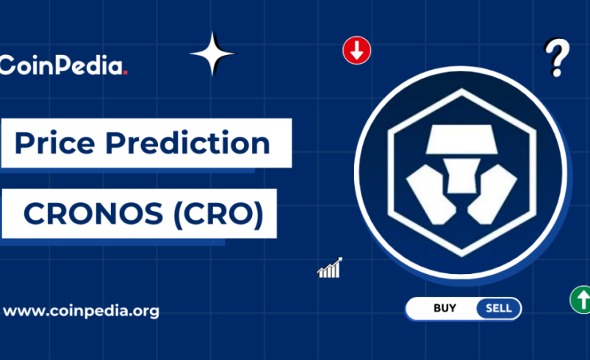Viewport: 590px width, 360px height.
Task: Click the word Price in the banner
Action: click(x=52, y=143)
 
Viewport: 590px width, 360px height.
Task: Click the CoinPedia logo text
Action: click(x=63, y=65)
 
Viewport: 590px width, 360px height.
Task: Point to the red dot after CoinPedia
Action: click(x=126, y=72)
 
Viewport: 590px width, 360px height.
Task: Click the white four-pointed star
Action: click(x=212, y=54)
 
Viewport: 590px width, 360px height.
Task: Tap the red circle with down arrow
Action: click(x=357, y=51)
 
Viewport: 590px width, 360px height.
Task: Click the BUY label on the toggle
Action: click(x=445, y=309)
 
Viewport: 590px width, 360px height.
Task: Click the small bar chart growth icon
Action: click(x=330, y=268)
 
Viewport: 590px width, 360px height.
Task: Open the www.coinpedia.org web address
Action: click(x=81, y=310)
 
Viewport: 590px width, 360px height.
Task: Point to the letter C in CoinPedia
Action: click(x=8, y=65)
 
